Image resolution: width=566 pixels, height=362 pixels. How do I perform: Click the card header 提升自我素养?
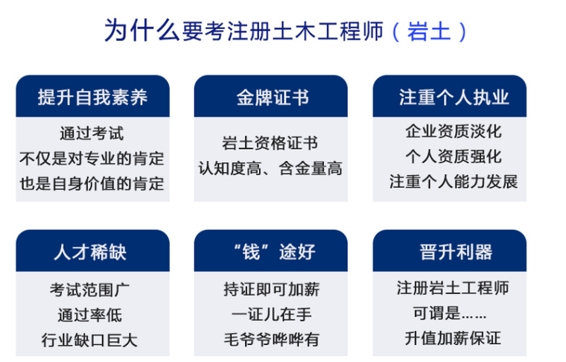coord(92,97)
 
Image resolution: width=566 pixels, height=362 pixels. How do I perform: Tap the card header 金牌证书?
coord(271,97)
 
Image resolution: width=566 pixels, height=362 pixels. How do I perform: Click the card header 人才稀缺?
coord(92,252)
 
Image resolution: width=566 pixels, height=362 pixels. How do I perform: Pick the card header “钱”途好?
coord(271,252)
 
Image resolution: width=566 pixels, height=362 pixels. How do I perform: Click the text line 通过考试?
coord(92,134)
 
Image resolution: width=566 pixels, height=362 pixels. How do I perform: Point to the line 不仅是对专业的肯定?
coord(92,158)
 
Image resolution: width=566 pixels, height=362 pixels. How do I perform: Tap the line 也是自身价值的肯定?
coord(92,182)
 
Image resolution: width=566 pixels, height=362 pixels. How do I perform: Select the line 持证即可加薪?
coord(271,289)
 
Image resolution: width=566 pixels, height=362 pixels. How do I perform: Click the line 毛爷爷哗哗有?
coord(271,340)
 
